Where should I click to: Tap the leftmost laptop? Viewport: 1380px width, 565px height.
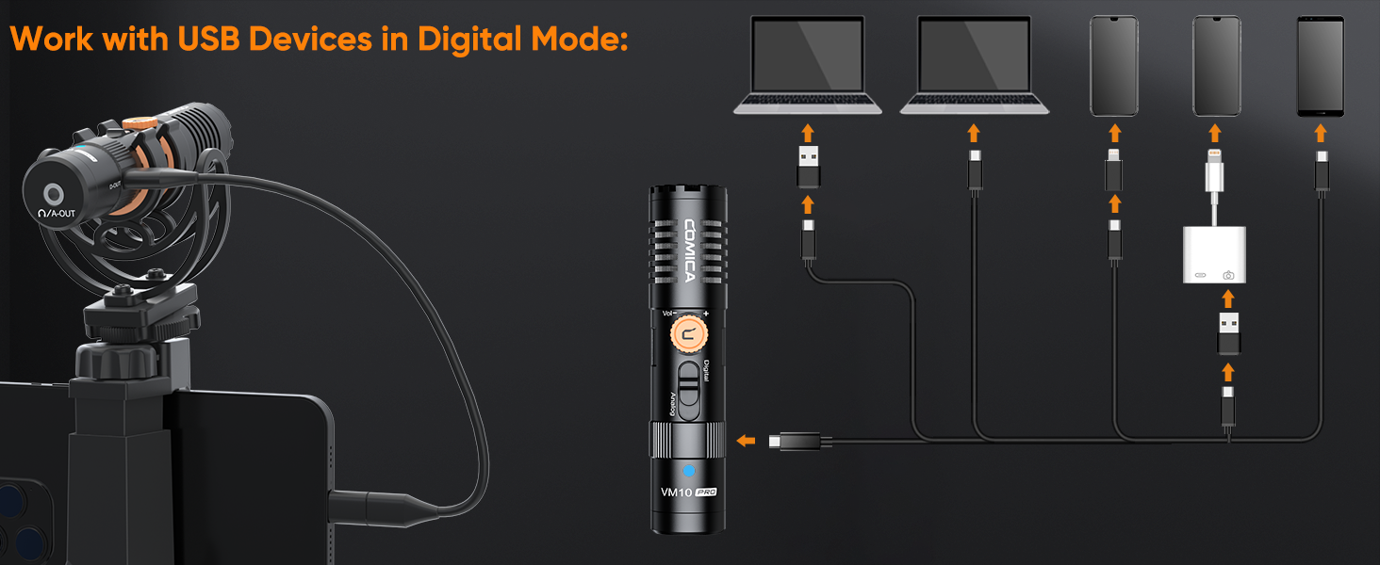point(808,66)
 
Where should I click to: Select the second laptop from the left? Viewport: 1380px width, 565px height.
point(974,66)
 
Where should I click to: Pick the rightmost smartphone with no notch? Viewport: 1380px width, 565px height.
point(1322,66)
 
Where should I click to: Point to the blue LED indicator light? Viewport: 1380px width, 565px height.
point(688,470)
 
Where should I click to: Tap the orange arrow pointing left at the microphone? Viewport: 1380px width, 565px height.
point(746,440)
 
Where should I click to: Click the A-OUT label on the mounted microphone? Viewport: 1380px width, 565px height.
point(63,214)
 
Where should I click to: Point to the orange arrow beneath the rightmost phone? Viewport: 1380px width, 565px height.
point(1322,133)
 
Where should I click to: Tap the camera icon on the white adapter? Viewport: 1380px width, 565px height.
point(1228,275)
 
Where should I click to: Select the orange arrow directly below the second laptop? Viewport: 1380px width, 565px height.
point(974,133)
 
